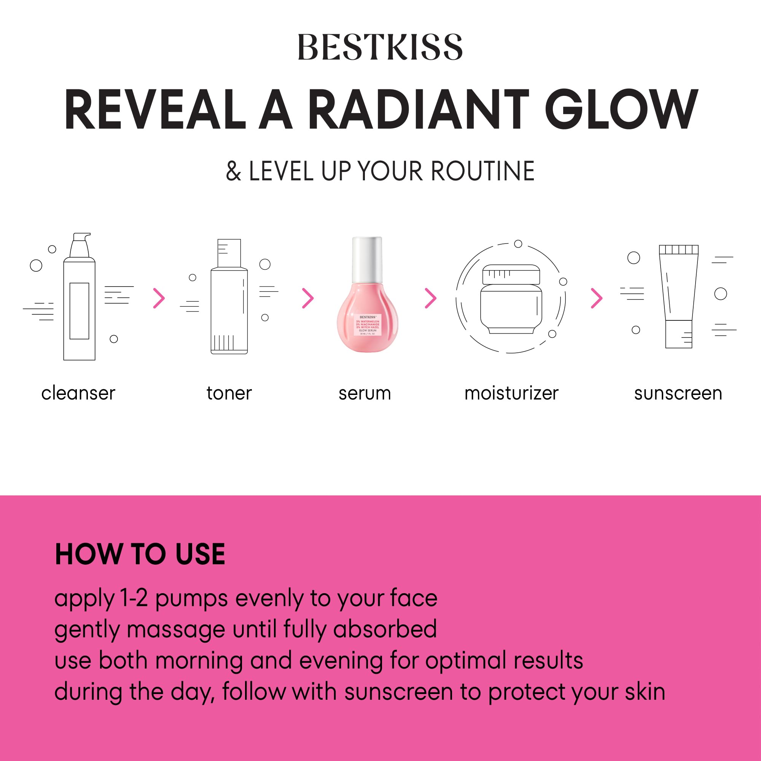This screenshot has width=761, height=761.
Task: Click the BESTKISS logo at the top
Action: click(380, 47)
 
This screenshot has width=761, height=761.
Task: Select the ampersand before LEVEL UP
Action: click(233, 171)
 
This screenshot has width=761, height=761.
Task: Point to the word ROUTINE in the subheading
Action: click(482, 171)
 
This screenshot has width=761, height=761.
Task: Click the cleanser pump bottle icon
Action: click(79, 299)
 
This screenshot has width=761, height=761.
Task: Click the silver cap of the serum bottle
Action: click(367, 258)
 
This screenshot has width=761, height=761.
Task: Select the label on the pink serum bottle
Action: click(368, 325)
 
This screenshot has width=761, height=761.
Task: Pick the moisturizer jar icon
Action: click(511, 299)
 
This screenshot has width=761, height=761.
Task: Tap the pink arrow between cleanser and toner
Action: click(159, 298)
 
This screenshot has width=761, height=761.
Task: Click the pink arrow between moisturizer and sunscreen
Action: click(596, 298)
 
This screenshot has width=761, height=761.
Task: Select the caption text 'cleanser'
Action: click(78, 393)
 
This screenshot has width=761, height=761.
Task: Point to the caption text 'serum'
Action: click(365, 393)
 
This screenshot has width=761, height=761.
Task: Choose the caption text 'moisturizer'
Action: click(511, 393)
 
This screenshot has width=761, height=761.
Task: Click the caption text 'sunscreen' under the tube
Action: click(678, 393)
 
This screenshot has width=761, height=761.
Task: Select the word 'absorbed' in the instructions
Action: click(385, 629)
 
